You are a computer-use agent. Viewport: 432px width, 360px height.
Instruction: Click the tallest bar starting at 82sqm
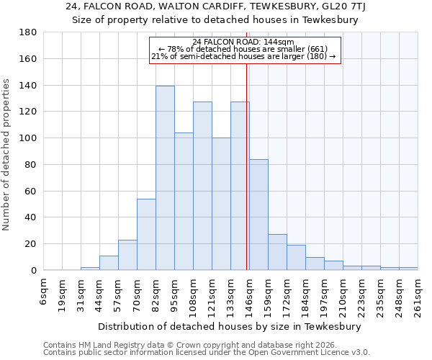click(165, 178)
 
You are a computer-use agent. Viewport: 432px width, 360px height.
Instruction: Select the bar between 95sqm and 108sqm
click(184, 202)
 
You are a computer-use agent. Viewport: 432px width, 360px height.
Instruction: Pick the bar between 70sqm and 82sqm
click(146, 234)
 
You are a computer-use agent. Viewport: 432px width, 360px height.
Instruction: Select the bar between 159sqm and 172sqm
click(277, 252)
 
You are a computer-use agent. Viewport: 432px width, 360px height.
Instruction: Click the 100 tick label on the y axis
click(29, 138)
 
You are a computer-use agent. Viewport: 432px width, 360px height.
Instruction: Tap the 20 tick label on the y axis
click(32, 244)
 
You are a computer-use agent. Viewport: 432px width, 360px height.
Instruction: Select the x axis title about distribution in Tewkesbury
click(230, 326)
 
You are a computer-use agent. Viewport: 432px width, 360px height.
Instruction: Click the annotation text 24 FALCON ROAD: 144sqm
click(243, 42)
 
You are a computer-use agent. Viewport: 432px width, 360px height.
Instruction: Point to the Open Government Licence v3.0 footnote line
click(207, 353)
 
